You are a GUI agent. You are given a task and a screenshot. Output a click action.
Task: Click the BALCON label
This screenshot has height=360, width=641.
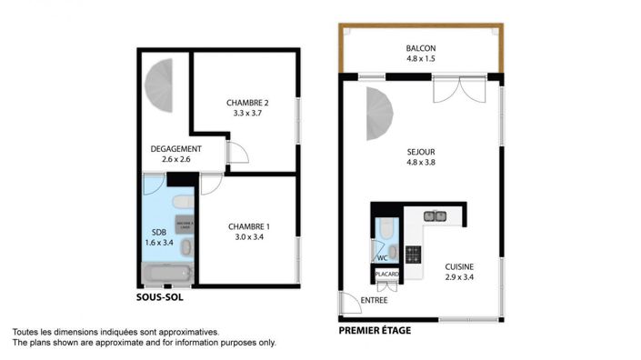tap(422, 48)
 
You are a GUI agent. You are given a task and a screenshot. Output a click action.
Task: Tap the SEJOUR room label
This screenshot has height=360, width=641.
tap(421, 153)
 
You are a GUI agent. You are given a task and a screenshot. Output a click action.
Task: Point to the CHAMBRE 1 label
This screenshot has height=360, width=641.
tap(248, 226)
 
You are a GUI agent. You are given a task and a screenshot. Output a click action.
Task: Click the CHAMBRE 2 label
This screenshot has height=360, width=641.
tap(247, 103)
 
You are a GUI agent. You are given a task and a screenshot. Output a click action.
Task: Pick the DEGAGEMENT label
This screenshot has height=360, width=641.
tap(175, 149)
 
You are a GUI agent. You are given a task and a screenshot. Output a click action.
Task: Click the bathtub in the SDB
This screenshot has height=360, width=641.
tap(166, 274)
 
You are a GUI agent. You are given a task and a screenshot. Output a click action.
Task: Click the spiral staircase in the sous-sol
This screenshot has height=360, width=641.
tap(160, 85)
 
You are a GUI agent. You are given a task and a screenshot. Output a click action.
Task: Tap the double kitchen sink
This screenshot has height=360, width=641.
tap(435, 215)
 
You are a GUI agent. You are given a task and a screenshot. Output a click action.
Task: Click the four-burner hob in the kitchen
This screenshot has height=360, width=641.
tap(413, 254)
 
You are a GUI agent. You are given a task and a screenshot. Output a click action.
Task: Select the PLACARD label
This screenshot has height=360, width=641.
tap(386, 273)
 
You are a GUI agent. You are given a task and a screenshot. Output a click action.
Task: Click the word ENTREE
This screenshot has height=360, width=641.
tap(374, 300)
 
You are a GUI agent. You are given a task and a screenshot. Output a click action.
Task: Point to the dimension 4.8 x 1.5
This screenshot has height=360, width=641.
tap(422, 59)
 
